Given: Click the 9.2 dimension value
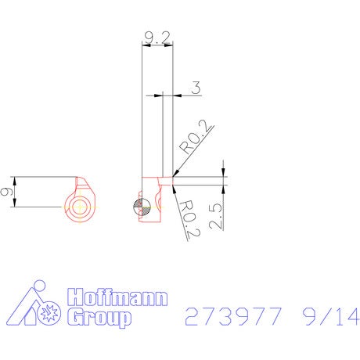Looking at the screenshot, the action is point(157,38).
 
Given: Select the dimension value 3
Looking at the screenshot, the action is point(196,88).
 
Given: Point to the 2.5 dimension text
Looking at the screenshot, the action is point(216,216).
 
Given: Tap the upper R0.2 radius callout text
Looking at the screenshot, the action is point(196,137).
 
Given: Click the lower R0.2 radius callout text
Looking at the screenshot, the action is point(190,218).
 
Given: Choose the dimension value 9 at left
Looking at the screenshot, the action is point(6,192).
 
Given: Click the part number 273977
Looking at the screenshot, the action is point(233,316).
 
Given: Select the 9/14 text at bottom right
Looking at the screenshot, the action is point(331,316).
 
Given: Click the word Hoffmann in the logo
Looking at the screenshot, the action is point(117,297).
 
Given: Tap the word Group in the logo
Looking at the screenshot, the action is point(99,318).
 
